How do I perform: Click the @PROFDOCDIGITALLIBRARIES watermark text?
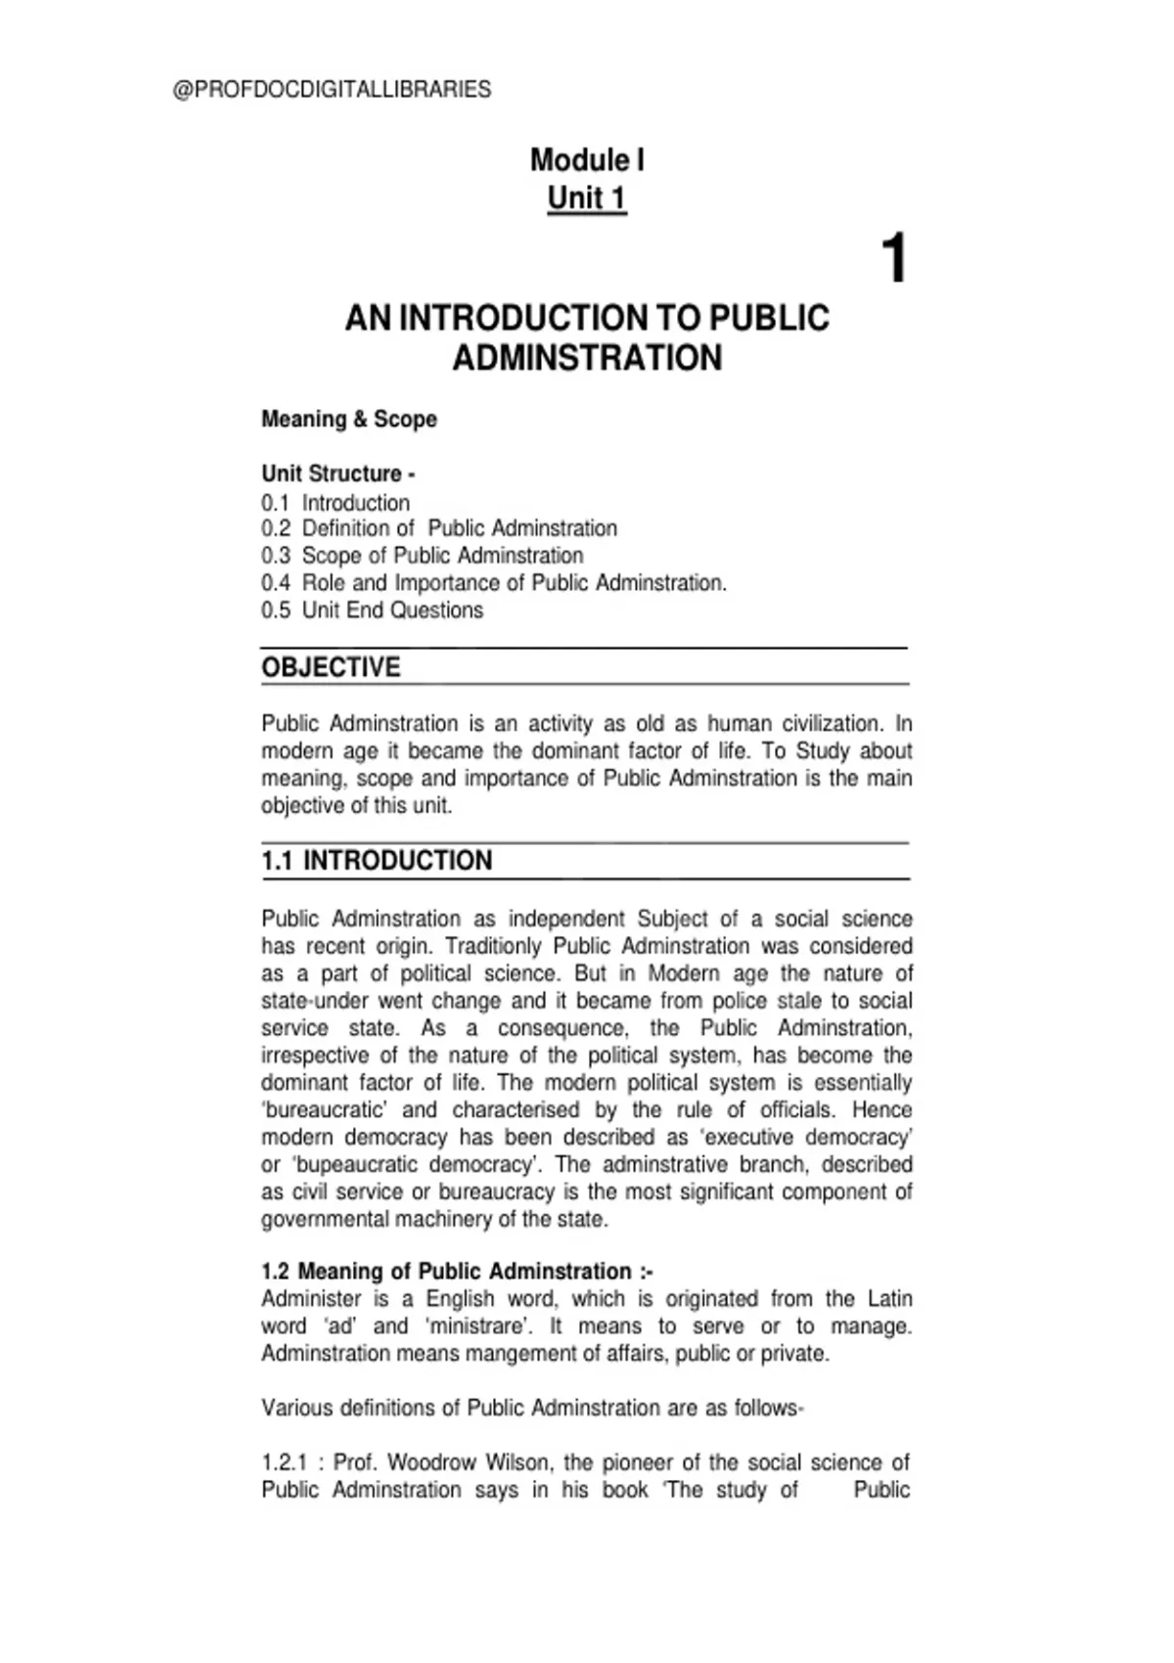[332, 90]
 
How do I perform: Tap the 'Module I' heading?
[587, 159]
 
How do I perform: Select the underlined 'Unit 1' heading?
[587, 198]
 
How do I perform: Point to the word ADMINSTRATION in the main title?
[587, 358]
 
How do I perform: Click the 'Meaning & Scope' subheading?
[348, 419]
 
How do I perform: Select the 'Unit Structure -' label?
[338, 473]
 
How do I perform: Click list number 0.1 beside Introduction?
[275, 503]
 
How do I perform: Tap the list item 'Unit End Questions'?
[392, 610]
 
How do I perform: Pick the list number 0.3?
[275, 556]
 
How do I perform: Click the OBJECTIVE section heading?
[331, 667]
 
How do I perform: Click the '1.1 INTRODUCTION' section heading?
[377, 861]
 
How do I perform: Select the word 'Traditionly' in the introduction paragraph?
[493, 947]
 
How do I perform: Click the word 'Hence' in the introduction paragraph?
[882, 1110]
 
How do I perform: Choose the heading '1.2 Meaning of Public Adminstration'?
[456, 1272]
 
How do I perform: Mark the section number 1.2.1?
[284, 1462]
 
